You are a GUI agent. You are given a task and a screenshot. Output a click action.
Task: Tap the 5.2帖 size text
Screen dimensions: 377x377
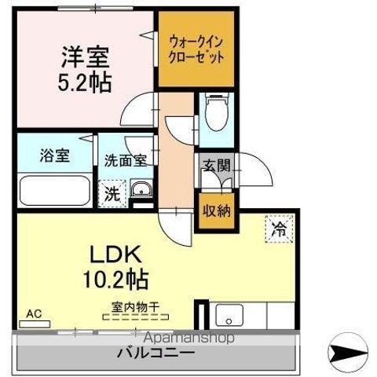coord(86,81)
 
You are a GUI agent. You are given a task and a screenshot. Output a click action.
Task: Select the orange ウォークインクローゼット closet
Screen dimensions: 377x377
coord(196,49)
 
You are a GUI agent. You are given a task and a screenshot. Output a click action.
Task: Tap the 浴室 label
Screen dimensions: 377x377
coord(55,155)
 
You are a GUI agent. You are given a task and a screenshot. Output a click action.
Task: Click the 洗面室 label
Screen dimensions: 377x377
coord(126,159)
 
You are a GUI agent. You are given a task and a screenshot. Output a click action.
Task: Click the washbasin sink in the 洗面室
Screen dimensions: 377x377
coord(141,190)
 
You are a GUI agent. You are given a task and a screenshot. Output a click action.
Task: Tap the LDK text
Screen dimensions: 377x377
coord(119,254)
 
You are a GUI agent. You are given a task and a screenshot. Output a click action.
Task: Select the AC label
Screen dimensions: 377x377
coord(33,313)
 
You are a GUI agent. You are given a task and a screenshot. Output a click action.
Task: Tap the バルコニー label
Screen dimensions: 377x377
coord(156,353)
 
